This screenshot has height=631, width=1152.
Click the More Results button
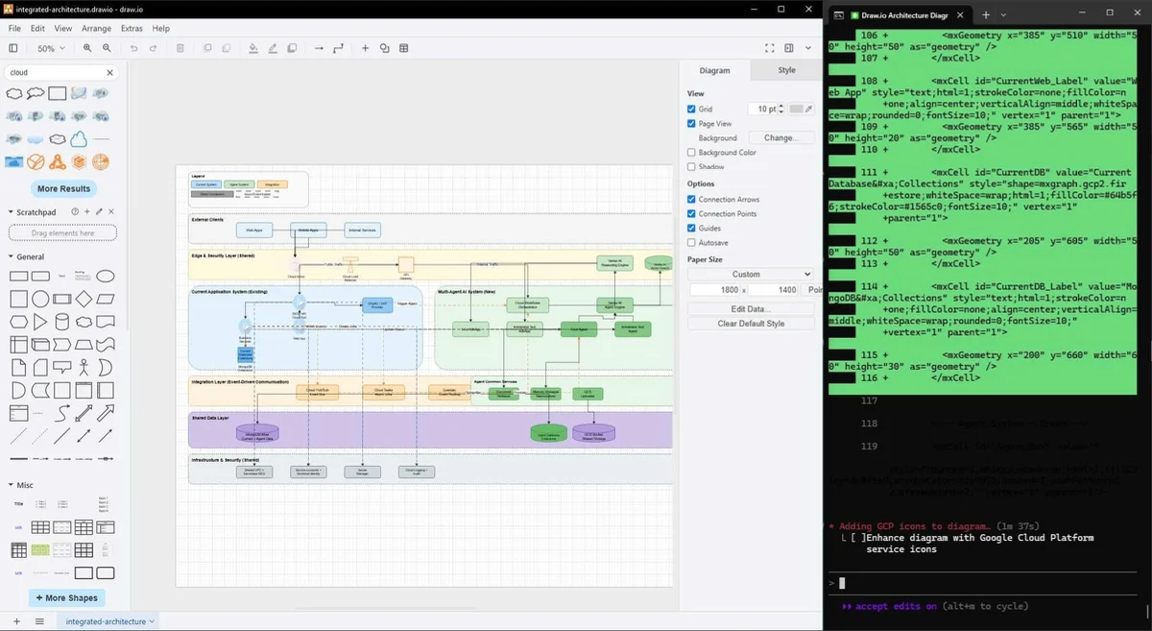(63, 189)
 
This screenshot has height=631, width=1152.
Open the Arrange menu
(96, 29)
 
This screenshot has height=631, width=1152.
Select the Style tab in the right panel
(786, 70)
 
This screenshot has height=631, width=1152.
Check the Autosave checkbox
(691, 243)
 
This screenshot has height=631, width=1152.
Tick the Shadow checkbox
(691, 167)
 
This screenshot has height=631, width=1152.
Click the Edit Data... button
(751, 308)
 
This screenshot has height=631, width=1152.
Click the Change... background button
(780, 138)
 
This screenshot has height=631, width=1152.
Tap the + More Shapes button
(66, 597)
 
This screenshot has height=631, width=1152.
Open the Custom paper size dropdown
(751, 274)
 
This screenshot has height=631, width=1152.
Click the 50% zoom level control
(49, 48)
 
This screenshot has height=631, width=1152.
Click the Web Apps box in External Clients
(254, 231)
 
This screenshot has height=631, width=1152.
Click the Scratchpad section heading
(36, 211)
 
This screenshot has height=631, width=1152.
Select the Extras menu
(132, 29)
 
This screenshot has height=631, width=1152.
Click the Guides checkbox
(691, 229)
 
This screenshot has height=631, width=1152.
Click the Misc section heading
(25, 485)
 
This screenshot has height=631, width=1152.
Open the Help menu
(161, 29)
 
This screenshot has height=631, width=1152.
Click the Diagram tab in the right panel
(714, 70)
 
